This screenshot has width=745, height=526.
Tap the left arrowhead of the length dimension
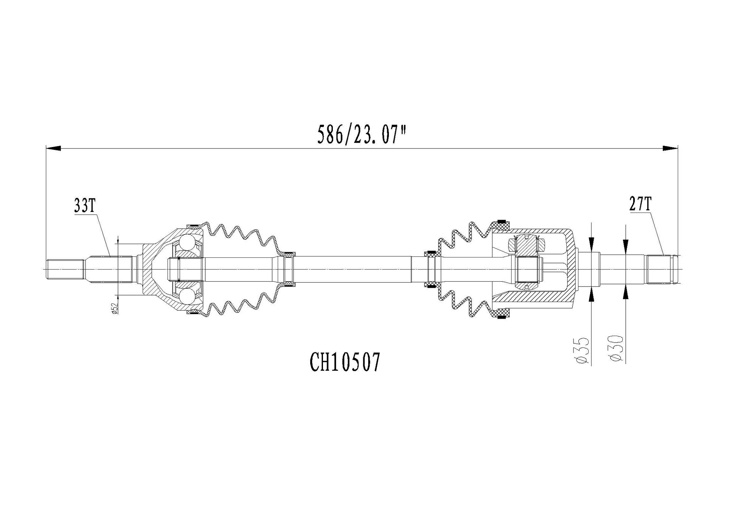click(x=54, y=148)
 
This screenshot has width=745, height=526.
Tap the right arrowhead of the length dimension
click(x=670, y=148)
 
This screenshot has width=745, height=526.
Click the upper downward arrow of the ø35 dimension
click(x=591, y=244)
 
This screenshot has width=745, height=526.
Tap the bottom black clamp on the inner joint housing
click(x=501, y=318)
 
